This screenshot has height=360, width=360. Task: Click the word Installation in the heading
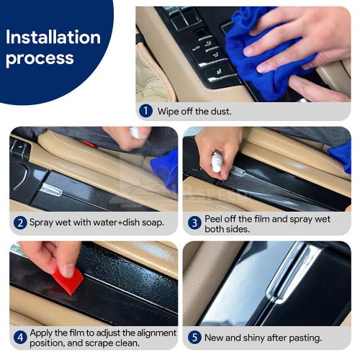pyautogui.click(x=53, y=37)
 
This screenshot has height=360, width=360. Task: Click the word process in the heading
pyautogui.click(x=40, y=58)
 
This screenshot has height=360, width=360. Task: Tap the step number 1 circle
pyautogui.click(x=147, y=111)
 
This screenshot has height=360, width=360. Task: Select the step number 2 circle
pyautogui.click(x=19, y=222)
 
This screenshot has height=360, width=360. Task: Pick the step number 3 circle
pyautogui.click(x=194, y=222)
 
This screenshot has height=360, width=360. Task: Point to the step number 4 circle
pyautogui.click(x=19, y=337)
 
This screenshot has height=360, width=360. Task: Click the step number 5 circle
pyautogui.click(x=194, y=337)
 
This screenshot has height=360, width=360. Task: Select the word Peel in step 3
pyautogui.click(x=215, y=217)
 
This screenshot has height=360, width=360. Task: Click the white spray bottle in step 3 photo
pyautogui.click(x=216, y=161)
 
